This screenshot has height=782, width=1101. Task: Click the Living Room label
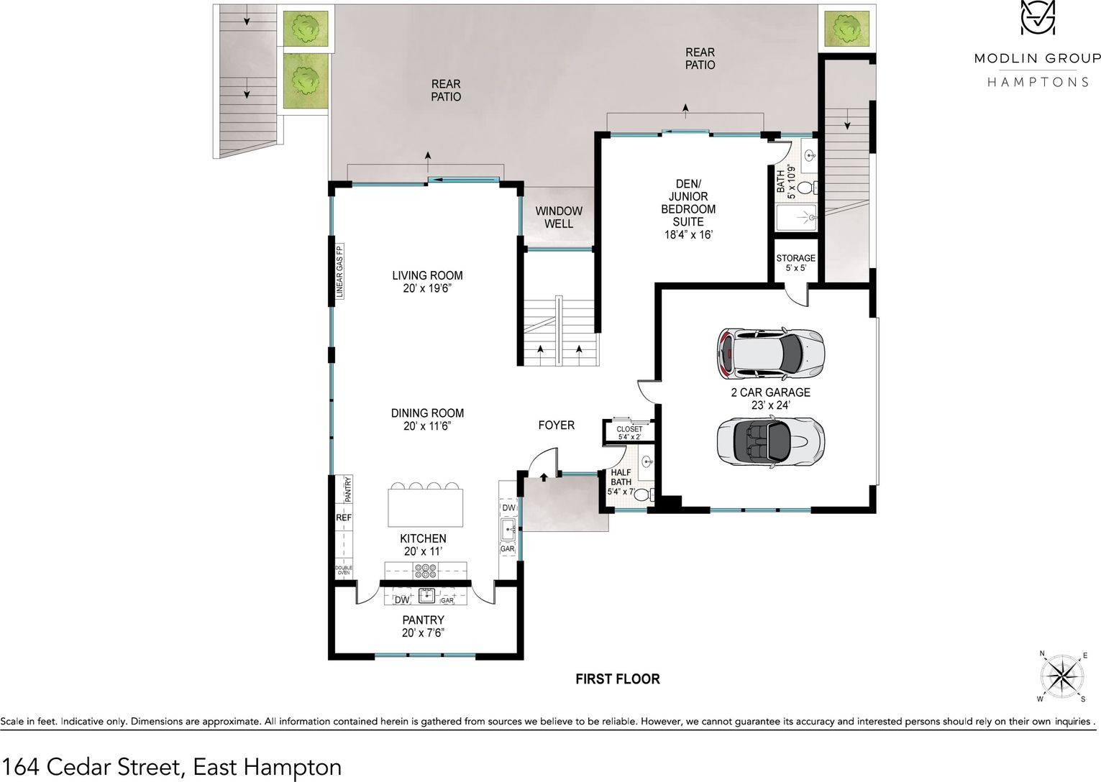pyautogui.click(x=427, y=275)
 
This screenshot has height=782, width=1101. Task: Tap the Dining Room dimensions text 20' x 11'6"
pyautogui.click(x=427, y=426)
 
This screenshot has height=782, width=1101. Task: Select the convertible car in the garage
pyautogui.click(x=770, y=441)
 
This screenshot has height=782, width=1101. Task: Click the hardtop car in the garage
pyautogui.click(x=770, y=354)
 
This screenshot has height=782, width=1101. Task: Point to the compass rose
pyautogui.click(x=1062, y=676)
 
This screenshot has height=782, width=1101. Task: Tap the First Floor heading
pyautogui.click(x=617, y=678)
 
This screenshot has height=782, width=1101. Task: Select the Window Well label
pyautogui.click(x=558, y=217)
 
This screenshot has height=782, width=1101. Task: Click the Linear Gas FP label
pyautogui.click(x=339, y=271)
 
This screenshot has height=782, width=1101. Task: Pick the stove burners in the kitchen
pyautogui.click(x=426, y=570)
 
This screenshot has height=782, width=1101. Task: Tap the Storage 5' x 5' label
pyautogui.click(x=796, y=263)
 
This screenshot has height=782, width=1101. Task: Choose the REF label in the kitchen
pyautogui.click(x=344, y=517)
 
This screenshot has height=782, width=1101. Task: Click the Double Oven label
pyautogui.click(x=344, y=570)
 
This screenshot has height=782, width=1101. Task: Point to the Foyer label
pyautogui.click(x=557, y=425)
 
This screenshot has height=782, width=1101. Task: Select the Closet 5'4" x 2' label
pyautogui.click(x=629, y=432)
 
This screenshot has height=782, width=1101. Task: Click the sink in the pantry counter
pyautogui.click(x=426, y=596)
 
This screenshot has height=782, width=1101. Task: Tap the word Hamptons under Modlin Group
pyautogui.click(x=1038, y=82)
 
